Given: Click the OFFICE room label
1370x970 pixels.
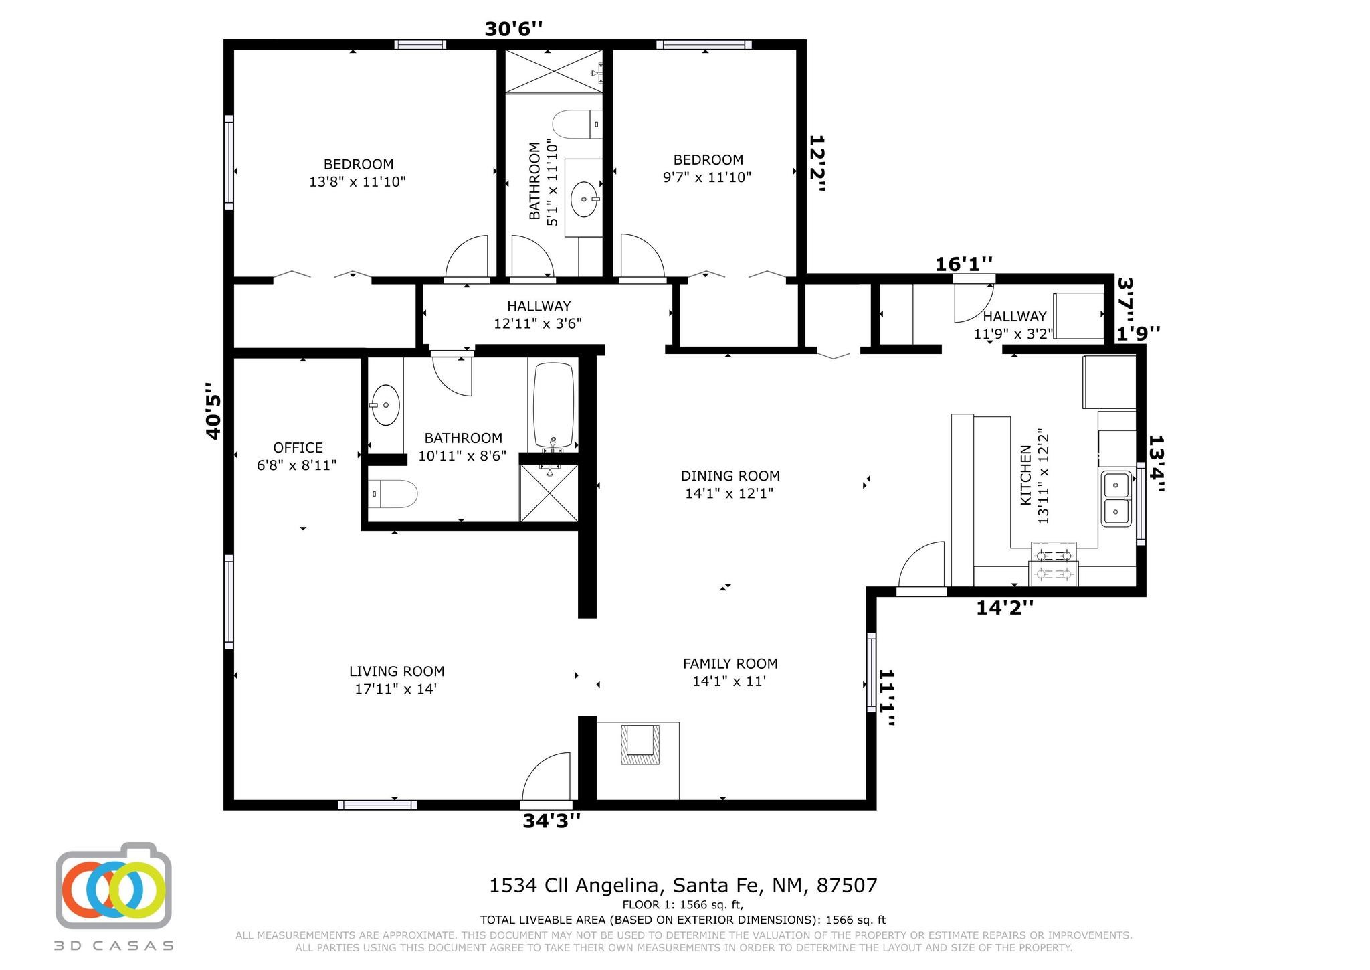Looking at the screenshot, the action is point(298,448).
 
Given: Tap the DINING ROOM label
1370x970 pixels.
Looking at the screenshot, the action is point(730,476).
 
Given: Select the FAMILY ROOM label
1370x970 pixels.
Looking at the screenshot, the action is point(730,664).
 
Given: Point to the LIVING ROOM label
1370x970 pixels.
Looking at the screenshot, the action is point(397,671).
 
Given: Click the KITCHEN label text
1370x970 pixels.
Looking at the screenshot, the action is point(1025,476).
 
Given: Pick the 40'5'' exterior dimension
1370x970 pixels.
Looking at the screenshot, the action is point(213,410).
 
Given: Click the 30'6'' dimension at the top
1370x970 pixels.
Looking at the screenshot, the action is point(514,29).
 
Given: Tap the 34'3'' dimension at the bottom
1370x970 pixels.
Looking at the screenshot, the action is point(551,821).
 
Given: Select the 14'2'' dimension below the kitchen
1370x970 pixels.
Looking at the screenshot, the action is point(1005,608).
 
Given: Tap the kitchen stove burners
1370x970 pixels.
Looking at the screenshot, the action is point(1055,564).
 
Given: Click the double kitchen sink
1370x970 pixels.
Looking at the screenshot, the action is point(1116,499).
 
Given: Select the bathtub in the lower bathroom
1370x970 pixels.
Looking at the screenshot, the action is point(553,406).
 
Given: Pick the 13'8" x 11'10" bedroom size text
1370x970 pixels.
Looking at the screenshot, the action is point(358,182).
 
